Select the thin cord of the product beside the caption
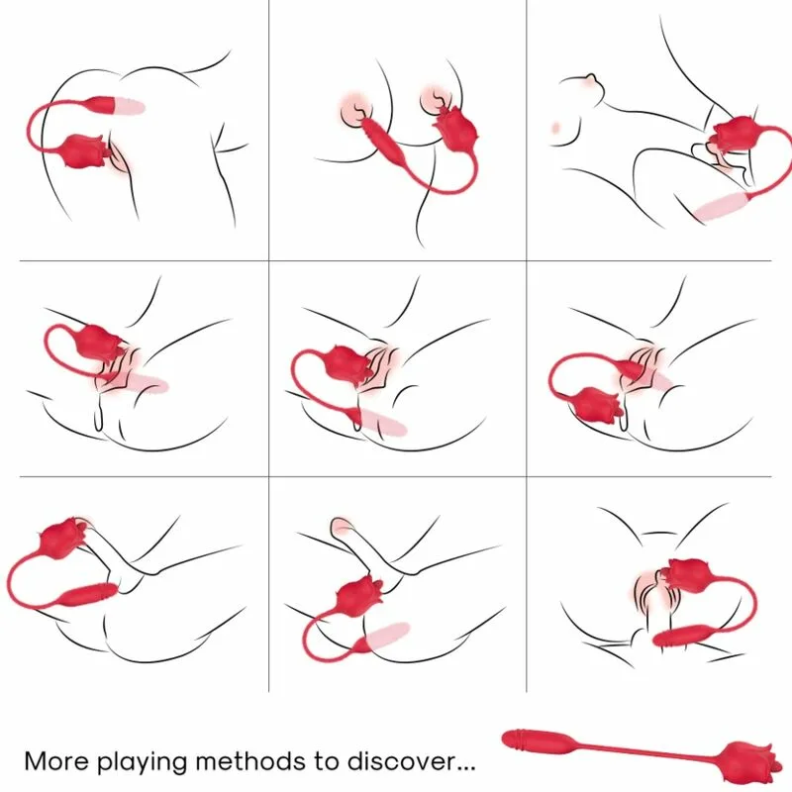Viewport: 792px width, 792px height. (653, 750)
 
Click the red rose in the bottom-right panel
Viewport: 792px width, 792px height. (689, 575)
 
